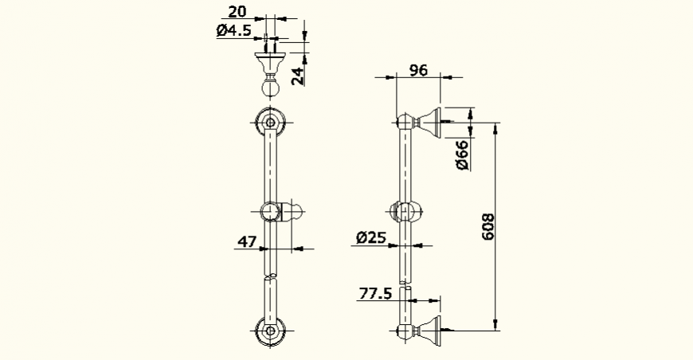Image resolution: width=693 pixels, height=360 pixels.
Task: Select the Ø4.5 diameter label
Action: (233, 31)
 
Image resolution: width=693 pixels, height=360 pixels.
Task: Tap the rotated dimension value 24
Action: (296, 76)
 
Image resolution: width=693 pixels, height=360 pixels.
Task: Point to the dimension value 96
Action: (418, 69)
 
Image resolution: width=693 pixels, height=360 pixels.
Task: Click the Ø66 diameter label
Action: (461, 153)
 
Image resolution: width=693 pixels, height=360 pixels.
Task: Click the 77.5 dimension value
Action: (375, 294)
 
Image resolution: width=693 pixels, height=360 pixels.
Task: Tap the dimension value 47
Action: (248, 240)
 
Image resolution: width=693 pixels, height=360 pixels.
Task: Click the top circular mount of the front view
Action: (271, 123)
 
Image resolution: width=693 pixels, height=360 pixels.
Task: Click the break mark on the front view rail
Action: (271, 276)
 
